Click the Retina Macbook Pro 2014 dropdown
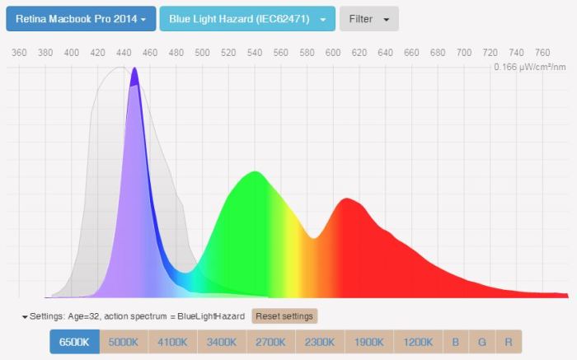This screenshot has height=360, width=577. tap(80, 18)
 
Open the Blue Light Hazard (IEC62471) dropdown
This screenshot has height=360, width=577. tap(246, 18)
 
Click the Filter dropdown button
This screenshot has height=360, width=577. tap(368, 18)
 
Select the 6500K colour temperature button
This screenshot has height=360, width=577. tap(74, 342)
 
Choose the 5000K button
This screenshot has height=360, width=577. tap(124, 342)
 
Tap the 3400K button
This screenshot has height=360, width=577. tap(222, 342)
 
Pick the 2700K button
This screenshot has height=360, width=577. tap(271, 342)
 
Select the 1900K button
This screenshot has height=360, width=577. tap(369, 342)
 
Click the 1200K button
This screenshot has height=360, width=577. tap(419, 342)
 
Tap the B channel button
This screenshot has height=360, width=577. tap(455, 342)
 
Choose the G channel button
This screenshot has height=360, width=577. tap(482, 342)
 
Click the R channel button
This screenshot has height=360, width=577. tap(509, 342)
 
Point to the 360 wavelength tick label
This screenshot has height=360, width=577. tap(19, 53)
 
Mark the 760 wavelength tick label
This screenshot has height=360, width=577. tap(542, 53)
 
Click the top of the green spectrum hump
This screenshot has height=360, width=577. tap(255, 172)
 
